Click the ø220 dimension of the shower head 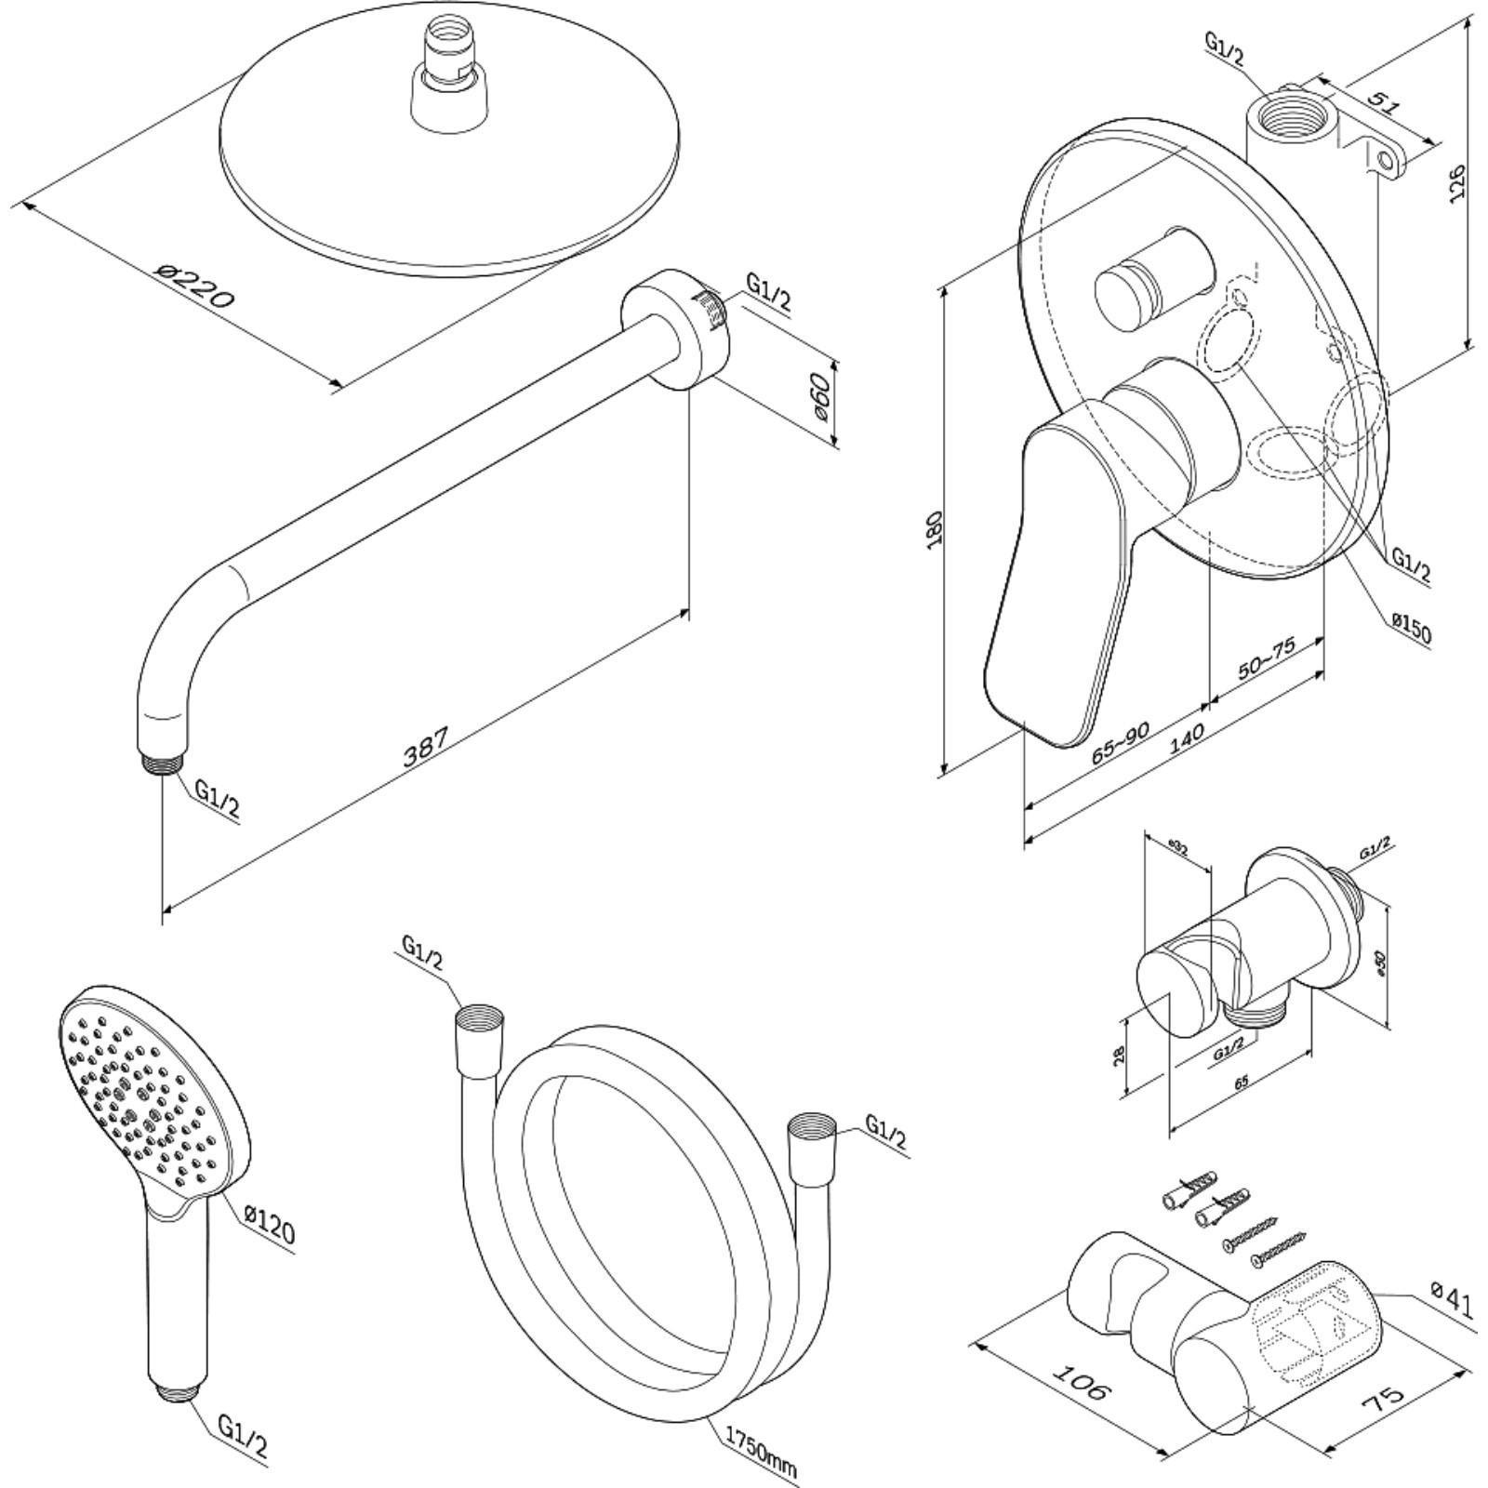click(197, 287)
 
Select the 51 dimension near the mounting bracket click(1383, 100)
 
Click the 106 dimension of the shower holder click(1083, 1382)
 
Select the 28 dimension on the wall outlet click(1120, 1054)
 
